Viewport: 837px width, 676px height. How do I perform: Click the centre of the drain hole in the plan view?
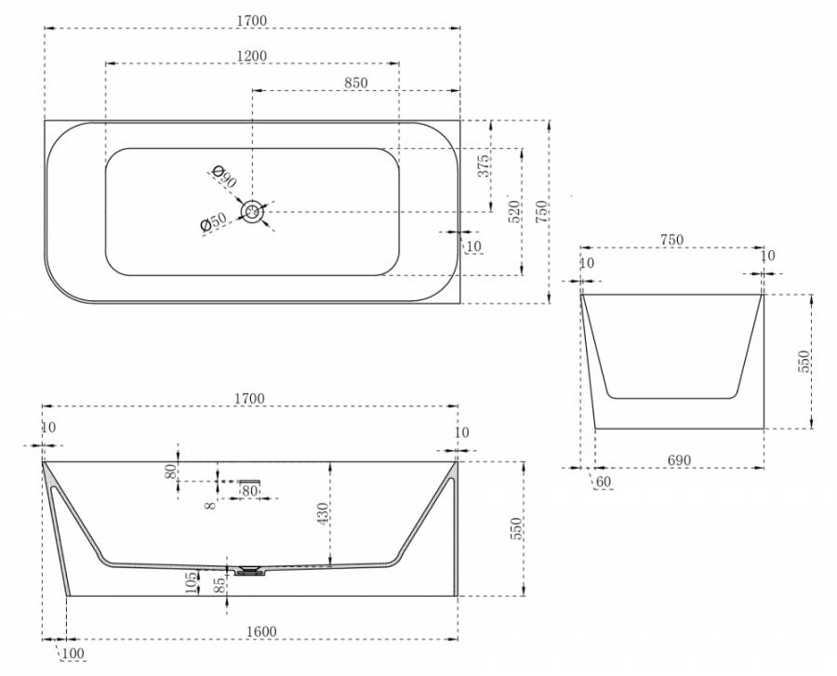[x=252, y=211]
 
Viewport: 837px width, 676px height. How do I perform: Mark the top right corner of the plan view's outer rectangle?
[x=459, y=121]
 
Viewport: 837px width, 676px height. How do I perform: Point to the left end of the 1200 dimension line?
[x=106, y=63]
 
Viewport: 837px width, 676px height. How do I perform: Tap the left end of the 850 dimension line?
[x=252, y=90]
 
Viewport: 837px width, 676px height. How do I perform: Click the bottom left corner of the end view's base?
[x=596, y=428]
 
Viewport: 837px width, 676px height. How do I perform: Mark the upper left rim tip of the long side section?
[x=43, y=461]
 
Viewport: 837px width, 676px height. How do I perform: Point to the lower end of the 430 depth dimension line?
[x=331, y=564]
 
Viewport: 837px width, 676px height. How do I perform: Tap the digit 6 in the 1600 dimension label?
[x=258, y=631]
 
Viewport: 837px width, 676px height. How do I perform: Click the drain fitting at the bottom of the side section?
[x=249, y=571]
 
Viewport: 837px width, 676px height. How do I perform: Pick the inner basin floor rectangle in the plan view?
[x=252, y=212]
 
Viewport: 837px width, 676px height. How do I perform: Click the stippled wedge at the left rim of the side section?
[x=51, y=479]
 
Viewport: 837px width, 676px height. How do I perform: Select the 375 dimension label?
[x=483, y=166]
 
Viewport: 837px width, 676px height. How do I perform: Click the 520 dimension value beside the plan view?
[x=513, y=211]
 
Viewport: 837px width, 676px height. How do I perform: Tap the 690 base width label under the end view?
[x=679, y=459]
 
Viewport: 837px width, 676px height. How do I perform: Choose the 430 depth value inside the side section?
[x=323, y=513]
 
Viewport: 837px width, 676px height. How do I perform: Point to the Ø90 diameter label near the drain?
[x=223, y=177]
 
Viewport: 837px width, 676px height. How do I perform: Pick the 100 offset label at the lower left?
[x=73, y=653]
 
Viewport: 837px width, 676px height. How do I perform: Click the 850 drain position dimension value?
[x=356, y=83]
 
